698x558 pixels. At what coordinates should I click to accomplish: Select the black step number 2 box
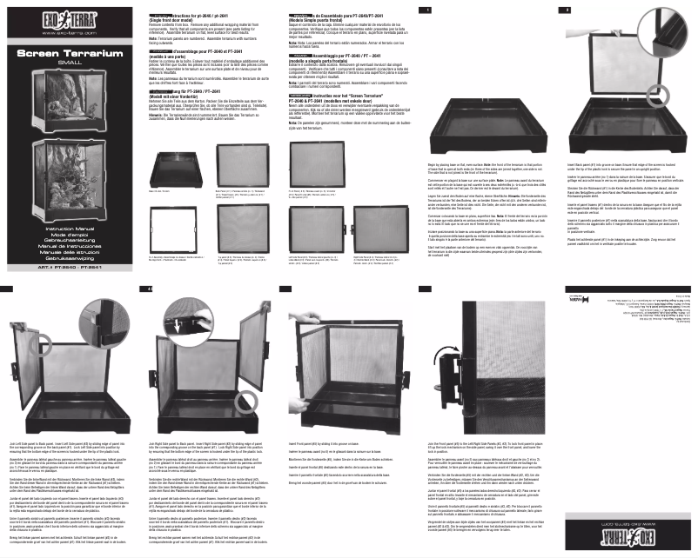[x=689, y=9]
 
